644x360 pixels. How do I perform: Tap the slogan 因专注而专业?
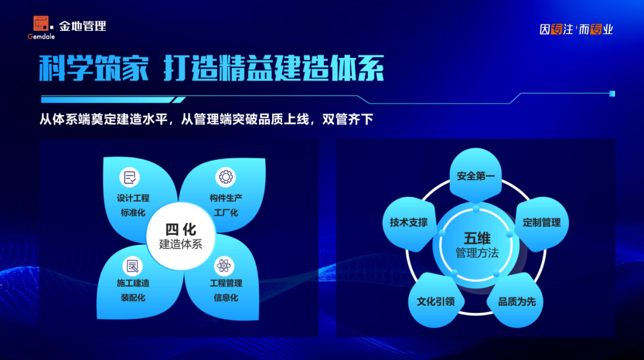pos(576,29)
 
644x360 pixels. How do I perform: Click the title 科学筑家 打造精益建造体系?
pos(211,69)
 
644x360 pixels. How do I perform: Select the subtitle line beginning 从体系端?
pos(206,119)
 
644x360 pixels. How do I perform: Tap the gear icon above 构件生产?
pos(225,177)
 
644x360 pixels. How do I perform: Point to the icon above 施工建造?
pos(132,266)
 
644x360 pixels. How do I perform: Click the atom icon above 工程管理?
pos(224,266)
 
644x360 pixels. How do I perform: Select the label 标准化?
pos(133,213)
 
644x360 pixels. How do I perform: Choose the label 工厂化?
pos(226,213)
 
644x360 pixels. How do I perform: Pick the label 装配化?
pos(133,297)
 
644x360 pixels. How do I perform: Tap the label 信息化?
pos(226,297)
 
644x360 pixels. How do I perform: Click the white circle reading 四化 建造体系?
pos(180,237)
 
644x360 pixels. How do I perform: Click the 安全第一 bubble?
pos(476,176)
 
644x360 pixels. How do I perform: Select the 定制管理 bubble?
pos(541,223)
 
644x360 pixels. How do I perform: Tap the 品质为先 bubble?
pos(516,302)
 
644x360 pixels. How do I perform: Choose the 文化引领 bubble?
pos(436,302)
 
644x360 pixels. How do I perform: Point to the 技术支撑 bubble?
pos(409,223)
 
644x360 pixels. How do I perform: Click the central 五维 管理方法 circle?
pos(476,244)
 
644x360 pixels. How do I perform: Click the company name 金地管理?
pos(82,26)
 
